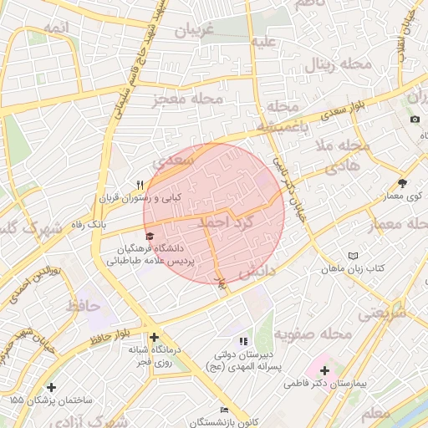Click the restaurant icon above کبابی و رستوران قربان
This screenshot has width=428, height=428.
[x=140, y=185]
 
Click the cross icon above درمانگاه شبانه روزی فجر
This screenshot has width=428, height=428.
[x=154, y=337]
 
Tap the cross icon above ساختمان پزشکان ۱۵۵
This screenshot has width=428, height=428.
[x=53, y=387]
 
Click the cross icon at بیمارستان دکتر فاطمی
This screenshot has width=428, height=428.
[x=324, y=369]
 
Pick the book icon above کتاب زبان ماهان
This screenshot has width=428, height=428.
[x=353, y=256]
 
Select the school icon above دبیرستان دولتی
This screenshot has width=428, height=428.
[x=243, y=341]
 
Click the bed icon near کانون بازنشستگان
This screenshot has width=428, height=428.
[x=222, y=409]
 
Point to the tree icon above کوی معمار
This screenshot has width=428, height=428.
[x=402, y=182]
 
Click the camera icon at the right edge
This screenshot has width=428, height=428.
[x=415, y=119]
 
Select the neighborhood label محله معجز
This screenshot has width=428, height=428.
[x=187, y=99]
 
